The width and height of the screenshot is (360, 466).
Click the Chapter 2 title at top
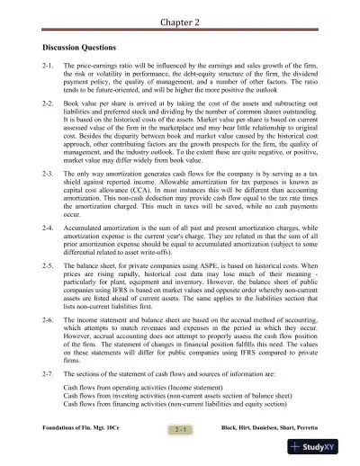click(x=180, y=19)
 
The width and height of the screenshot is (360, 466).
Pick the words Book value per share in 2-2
click(x=101, y=104)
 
